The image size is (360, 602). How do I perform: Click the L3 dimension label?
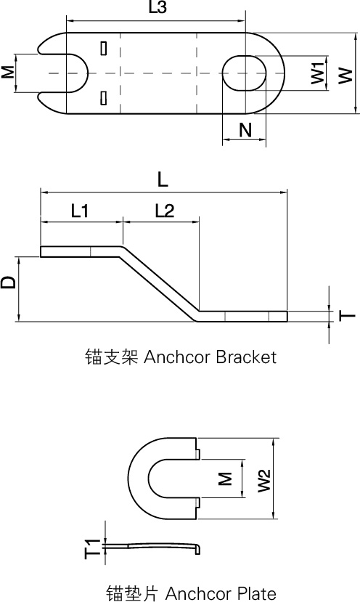(157, 8)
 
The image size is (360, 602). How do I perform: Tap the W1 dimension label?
(318, 73)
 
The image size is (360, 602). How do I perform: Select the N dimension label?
(245, 130)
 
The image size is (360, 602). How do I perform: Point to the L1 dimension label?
(80, 211)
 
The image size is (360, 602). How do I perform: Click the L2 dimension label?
(165, 211)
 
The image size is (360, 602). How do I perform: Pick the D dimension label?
(9, 282)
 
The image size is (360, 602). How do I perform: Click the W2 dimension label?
(264, 480)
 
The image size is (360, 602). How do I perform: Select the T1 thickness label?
(92, 549)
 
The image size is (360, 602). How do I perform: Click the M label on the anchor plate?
(225, 479)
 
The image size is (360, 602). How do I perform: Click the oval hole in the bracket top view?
(244, 73)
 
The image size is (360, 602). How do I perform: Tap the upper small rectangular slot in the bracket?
(103, 48)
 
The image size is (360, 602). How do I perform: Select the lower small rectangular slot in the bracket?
(103, 98)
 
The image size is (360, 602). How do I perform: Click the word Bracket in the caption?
(246, 357)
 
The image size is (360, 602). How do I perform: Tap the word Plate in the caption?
(255, 593)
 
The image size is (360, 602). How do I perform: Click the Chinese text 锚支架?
(110, 357)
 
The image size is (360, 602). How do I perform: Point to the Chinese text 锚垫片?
(132, 593)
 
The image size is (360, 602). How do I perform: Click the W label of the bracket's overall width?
(345, 76)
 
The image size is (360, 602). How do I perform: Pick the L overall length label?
(163, 180)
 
